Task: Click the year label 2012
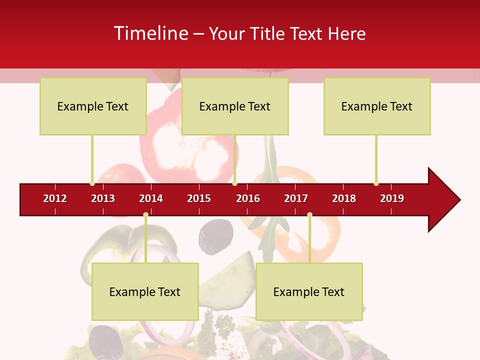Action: click(x=55, y=198)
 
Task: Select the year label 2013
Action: click(x=103, y=198)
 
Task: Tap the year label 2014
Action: click(x=151, y=198)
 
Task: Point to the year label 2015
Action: click(x=199, y=198)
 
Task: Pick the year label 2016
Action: click(x=248, y=198)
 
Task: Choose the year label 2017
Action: click(x=296, y=198)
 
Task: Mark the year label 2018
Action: click(x=344, y=198)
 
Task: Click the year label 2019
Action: click(x=392, y=198)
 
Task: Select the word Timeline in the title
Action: click(x=150, y=33)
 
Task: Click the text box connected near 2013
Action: click(x=93, y=106)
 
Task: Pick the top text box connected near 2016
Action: click(x=235, y=106)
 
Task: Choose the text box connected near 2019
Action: click(x=377, y=106)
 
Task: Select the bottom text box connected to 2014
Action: click(x=145, y=291)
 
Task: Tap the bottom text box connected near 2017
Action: click(x=309, y=291)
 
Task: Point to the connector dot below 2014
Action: click(x=145, y=215)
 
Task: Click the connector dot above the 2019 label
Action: click(x=376, y=183)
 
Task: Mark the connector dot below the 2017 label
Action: click(x=309, y=215)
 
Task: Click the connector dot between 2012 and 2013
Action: click(x=92, y=183)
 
